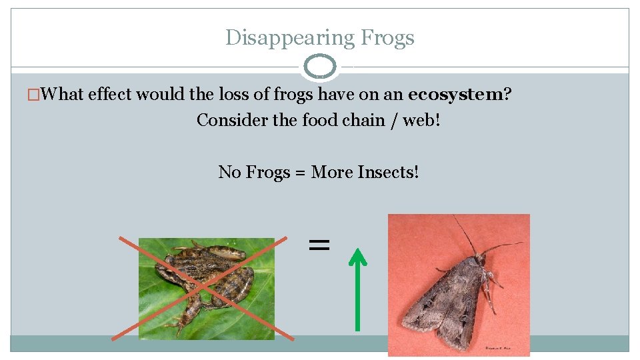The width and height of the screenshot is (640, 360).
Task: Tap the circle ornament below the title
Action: click(320, 67)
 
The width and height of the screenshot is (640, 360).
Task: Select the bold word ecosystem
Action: click(455, 95)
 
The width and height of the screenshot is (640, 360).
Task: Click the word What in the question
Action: click(62, 95)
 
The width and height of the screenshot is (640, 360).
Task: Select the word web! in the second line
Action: click(420, 121)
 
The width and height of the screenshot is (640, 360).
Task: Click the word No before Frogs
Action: click(230, 173)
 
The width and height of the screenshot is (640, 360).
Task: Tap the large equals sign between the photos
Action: click(319, 245)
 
